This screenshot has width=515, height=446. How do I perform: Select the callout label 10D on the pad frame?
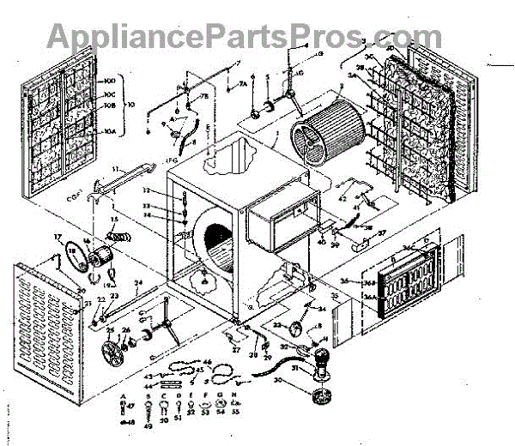pos(109,81)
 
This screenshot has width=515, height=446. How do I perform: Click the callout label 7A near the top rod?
pos(242,84)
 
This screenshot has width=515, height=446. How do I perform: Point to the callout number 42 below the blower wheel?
pos(342,199)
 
